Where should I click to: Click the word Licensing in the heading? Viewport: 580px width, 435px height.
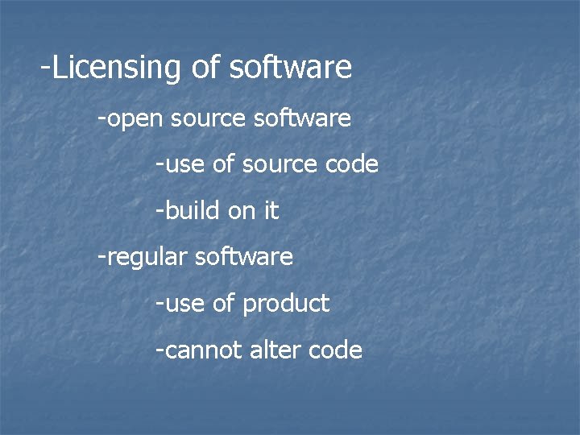coord(118,68)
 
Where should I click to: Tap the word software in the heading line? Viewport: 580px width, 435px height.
coord(291,68)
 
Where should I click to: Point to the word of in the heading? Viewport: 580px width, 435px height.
coord(206,68)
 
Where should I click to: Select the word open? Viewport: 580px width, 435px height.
coord(135,119)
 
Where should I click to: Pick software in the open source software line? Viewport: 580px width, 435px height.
coord(302,118)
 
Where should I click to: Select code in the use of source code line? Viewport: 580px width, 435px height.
coord(351,164)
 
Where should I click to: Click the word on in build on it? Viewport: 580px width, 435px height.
coord(242,212)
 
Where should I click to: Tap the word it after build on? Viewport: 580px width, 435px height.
coord(271,211)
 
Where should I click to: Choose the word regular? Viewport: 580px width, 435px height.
coord(146,258)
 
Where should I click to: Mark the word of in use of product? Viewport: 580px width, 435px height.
coord(225,303)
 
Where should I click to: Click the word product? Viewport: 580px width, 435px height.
coord(286,304)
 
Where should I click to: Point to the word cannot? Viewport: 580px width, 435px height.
coord(201,350)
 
